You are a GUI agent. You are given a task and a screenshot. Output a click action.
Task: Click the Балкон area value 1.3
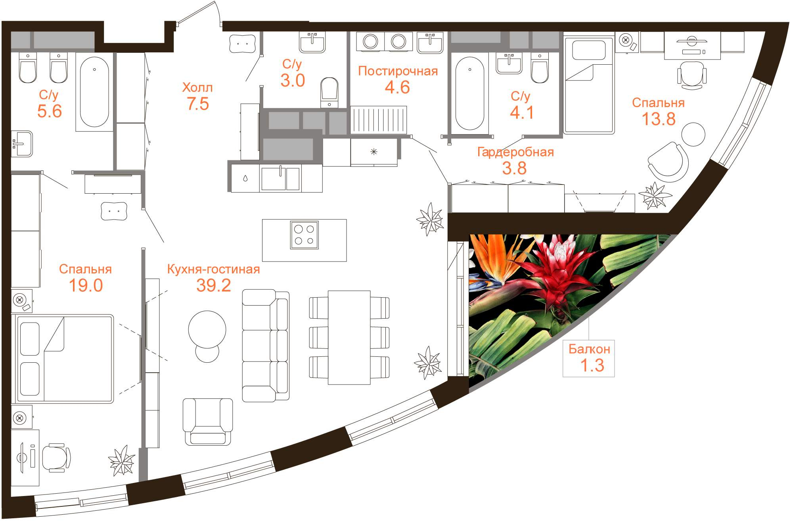(592, 365)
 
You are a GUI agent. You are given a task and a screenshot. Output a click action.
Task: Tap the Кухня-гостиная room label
(213, 269)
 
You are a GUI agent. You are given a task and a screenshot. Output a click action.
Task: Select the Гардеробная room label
(515, 152)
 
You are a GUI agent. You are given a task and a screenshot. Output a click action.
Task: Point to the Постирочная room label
(398, 71)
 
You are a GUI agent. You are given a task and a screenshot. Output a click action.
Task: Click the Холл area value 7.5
(197, 104)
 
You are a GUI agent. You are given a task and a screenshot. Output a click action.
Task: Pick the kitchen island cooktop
(304, 235)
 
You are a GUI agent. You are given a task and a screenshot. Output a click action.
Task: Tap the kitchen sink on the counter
(280, 179)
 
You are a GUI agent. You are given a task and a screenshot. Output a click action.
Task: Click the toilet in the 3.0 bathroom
(329, 92)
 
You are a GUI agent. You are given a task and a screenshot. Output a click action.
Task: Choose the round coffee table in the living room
(207, 330)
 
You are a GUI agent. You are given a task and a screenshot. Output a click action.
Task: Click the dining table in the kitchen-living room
(349, 337)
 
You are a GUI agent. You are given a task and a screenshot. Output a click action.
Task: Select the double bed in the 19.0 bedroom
(65, 359)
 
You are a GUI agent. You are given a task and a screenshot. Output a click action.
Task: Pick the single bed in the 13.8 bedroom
(588, 85)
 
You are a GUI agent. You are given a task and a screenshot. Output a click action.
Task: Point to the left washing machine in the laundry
(370, 41)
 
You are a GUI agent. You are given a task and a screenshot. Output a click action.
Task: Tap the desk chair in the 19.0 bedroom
(56, 458)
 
